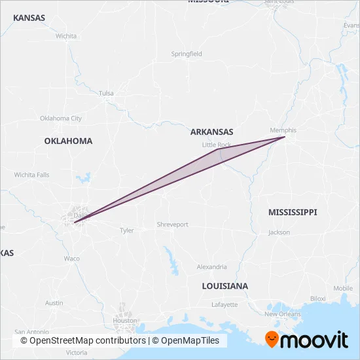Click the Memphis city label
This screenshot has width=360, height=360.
point(283,130)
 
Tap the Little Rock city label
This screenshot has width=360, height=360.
point(217,145)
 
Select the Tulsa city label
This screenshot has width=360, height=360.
point(106,94)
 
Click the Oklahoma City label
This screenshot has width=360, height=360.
point(61,118)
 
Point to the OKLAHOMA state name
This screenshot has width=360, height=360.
point(68,141)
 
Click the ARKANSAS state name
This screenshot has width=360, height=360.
point(212,132)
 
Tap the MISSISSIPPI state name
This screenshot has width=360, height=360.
point(293,212)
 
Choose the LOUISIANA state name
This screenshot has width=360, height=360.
point(225,286)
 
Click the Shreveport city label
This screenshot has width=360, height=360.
point(172,225)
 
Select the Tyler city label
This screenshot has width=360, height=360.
point(126,230)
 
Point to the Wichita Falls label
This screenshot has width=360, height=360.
point(32,175)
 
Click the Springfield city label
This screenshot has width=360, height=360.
point(187,54)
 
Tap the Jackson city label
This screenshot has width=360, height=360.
point(279,232)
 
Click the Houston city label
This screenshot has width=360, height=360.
point(124,321)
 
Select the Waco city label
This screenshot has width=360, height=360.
point(72,259)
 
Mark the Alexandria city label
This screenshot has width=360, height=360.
point(212,266)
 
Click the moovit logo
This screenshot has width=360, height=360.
point(306,339)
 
